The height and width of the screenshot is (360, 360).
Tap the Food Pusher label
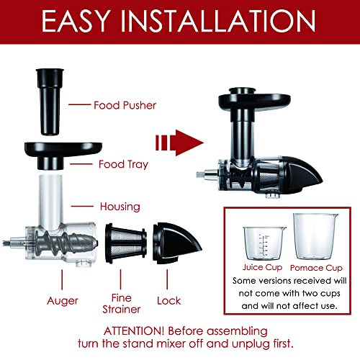coord(125,105)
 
